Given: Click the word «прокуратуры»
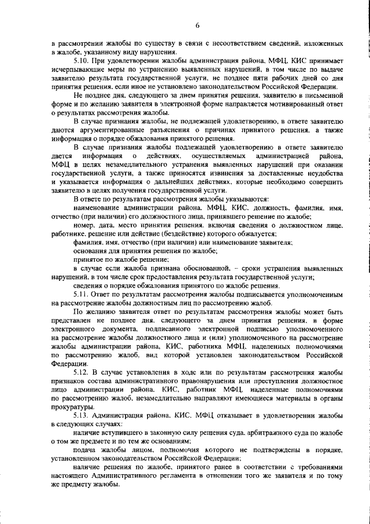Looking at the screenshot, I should (75, 408).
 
